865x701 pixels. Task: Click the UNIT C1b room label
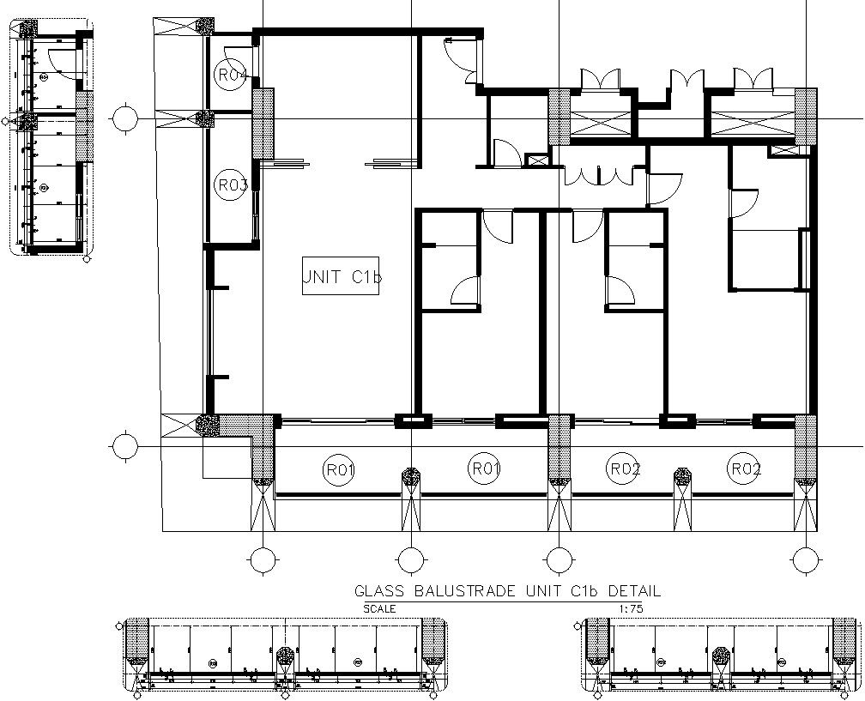(341, 277)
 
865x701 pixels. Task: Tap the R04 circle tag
(231, 75)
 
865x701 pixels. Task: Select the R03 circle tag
(231, 184)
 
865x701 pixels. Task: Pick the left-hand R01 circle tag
(340, 469)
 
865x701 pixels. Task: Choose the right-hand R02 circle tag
(745, 468)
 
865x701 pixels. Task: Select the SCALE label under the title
(379, 608)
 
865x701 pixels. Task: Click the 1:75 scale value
(630, 608)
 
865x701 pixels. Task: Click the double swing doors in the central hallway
(597, 174)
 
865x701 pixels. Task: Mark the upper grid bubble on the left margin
(125, 117)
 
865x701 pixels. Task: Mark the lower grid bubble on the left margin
(125, 446)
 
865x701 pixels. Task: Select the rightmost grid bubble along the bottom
(806, 560)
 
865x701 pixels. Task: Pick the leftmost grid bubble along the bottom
(263, 560)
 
